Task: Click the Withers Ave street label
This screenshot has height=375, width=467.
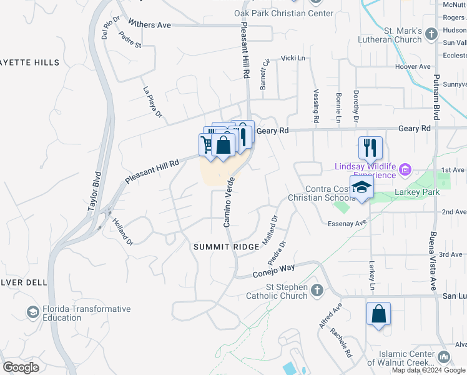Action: [x=149, y=24]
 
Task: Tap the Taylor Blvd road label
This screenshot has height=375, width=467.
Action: [x=94, y=191]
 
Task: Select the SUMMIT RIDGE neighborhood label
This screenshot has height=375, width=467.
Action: [x=225, y=247]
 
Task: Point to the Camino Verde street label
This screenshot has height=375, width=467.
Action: [x=229, y=201]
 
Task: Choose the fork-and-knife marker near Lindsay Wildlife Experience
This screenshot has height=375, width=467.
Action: [x=370, y=148]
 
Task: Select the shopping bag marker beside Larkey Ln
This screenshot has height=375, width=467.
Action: [x=378, y=314]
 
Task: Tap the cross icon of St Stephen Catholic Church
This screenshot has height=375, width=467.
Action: [x=317, y=290]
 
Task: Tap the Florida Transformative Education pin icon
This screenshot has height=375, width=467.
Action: [x=32, y=311]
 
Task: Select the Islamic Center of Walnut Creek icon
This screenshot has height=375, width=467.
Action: [x=444, y=356]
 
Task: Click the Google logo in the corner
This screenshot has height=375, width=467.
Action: [x=21, y=367]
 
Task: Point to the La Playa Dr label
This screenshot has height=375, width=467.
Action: [x=152, y=102]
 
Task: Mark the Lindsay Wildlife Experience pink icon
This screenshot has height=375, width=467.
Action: [x=405, y=169]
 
